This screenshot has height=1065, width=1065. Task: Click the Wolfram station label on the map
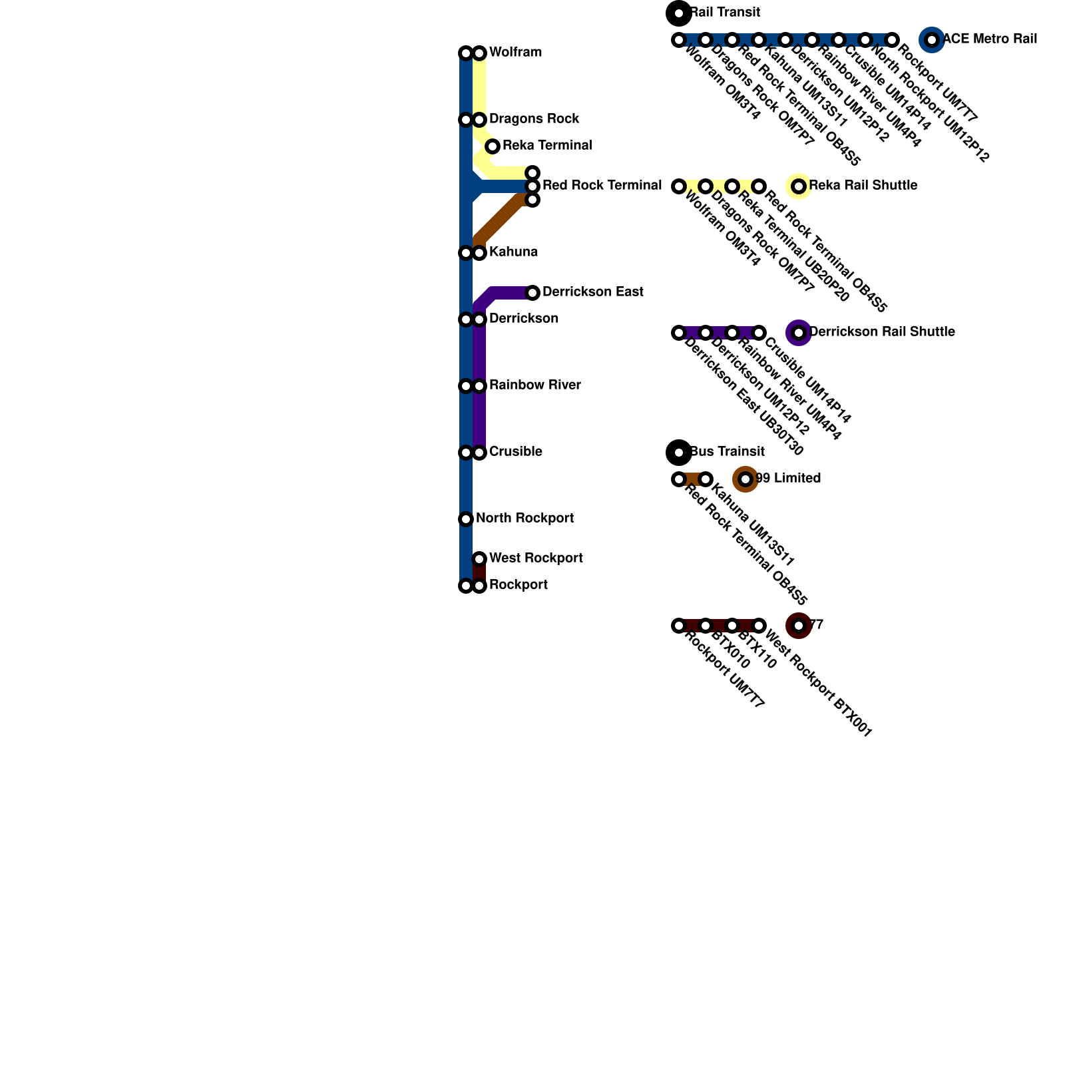point(515,53)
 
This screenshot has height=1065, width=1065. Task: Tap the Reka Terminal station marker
point(493,146)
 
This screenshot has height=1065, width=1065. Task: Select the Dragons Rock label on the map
point(534,119)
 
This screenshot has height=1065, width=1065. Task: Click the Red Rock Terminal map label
point(602,186)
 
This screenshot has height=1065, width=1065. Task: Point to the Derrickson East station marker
point(532,293)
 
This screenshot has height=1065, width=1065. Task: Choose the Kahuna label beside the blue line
point(513,252)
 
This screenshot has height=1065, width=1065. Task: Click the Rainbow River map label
point(534,385)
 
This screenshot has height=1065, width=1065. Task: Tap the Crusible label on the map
point(515,452)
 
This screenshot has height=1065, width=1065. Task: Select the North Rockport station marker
point(466,519)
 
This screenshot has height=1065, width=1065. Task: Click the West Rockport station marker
point(479,559)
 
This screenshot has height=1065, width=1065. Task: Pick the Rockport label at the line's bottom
point(518,585)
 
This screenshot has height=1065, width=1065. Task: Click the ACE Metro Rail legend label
point(990,39)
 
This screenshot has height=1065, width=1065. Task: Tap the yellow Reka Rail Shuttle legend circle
point(799,186)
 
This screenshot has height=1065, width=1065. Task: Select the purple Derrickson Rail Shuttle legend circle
point(799,333)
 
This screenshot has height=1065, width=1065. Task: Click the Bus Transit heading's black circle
point(679,453)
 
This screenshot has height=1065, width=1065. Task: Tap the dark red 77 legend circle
point(799,626)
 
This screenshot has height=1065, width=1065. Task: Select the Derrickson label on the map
point(523,319)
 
